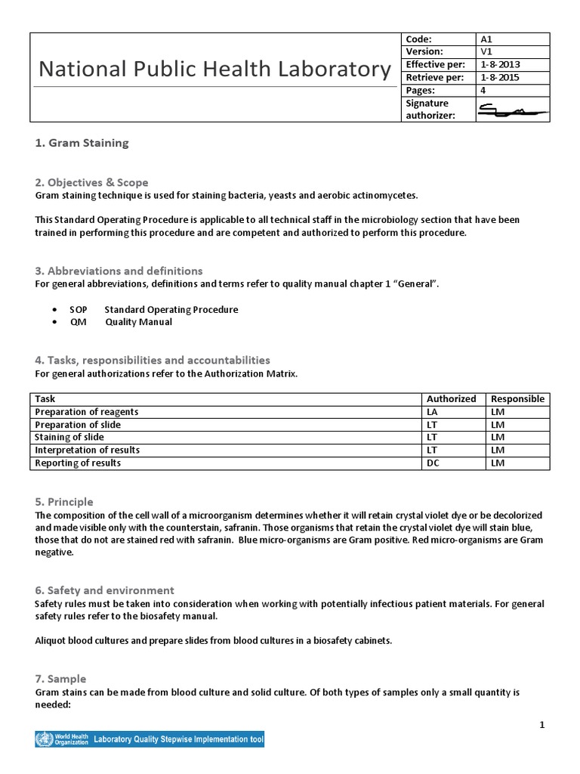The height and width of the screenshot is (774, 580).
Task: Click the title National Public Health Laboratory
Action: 214,70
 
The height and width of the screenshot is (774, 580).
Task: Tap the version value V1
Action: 486,52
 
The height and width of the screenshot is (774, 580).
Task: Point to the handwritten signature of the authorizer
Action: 511,110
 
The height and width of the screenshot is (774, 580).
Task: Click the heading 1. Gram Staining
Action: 82,143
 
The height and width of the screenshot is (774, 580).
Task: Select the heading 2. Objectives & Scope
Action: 91,182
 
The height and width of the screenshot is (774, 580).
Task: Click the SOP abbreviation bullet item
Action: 153,310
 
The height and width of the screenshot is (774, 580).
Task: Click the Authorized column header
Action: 452,399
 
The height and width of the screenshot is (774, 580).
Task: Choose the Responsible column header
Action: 517,399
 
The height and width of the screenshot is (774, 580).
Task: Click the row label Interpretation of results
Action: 87,450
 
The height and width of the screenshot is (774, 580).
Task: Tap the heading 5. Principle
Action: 64,502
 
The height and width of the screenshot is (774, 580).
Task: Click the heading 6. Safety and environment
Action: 104,590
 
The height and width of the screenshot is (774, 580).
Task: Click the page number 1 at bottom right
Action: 541,726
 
